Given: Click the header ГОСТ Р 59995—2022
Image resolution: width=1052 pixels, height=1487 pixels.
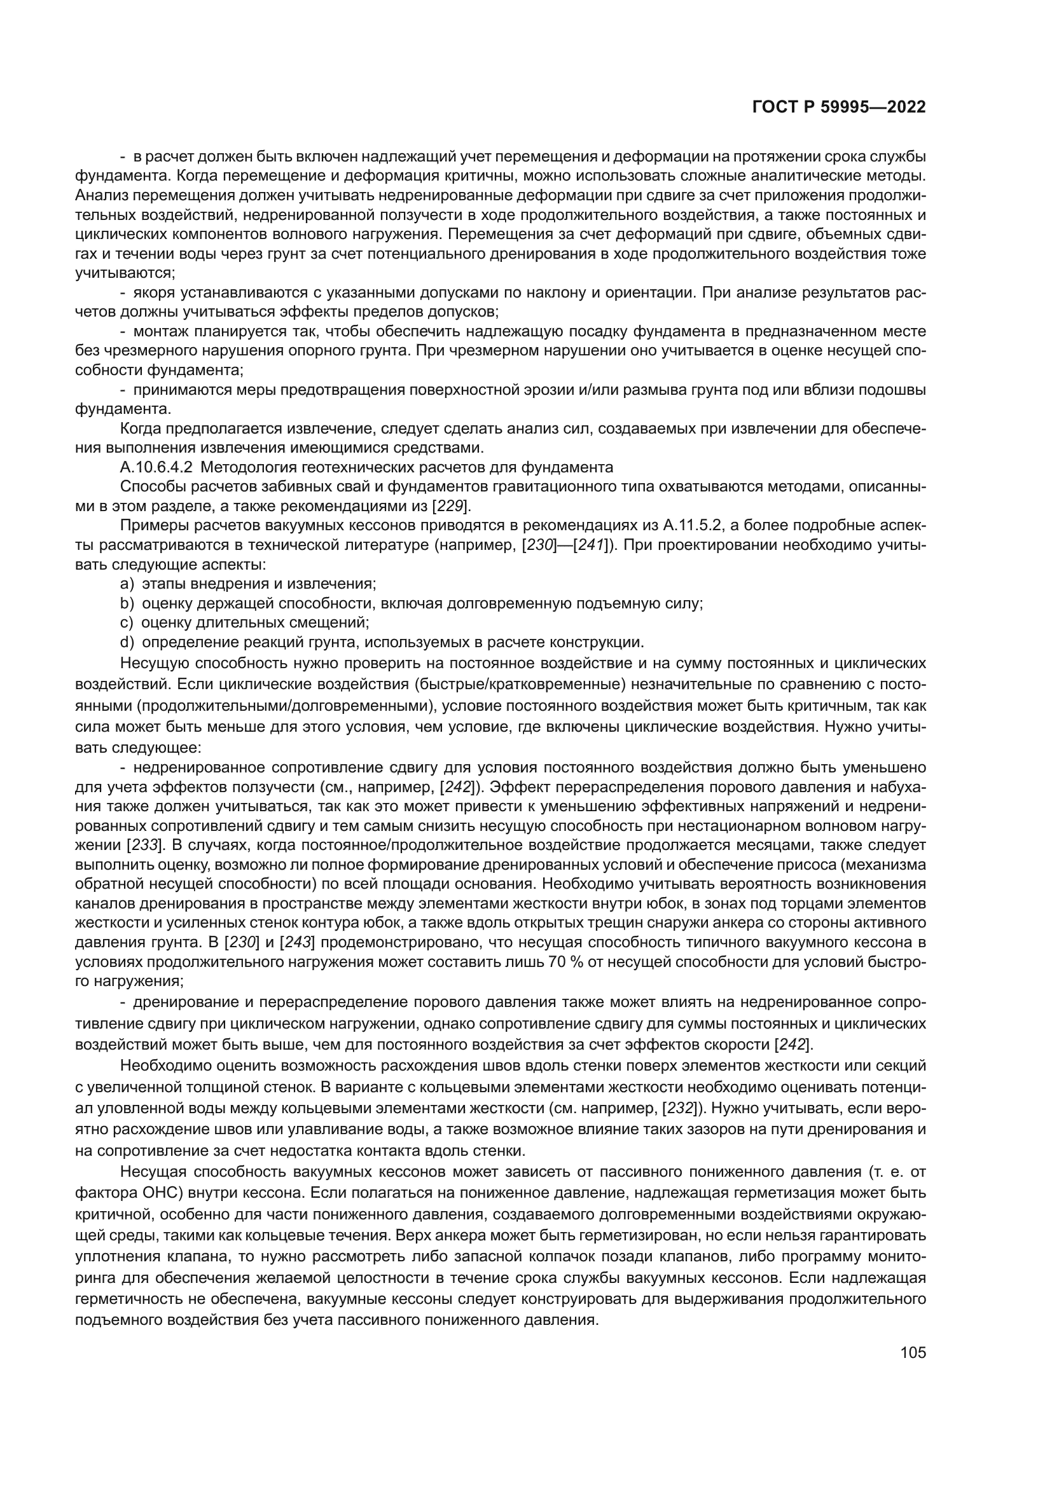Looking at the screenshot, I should (x=839, y=107).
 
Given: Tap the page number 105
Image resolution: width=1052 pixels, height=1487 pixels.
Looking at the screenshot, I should (x=913, y=1353).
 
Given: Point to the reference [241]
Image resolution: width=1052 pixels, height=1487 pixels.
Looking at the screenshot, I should (x=591, y=545).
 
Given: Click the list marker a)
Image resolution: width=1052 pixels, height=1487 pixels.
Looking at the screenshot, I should (x=127, y=584).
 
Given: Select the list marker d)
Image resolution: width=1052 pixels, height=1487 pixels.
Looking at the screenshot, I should (x=127, y=642).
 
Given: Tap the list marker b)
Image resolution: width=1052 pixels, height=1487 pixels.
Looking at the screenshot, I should (x=127, y=603).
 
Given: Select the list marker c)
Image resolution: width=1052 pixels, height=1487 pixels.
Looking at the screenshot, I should (x=127, y=622).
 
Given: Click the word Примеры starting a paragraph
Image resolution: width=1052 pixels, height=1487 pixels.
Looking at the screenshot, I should (x=151, y=525).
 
